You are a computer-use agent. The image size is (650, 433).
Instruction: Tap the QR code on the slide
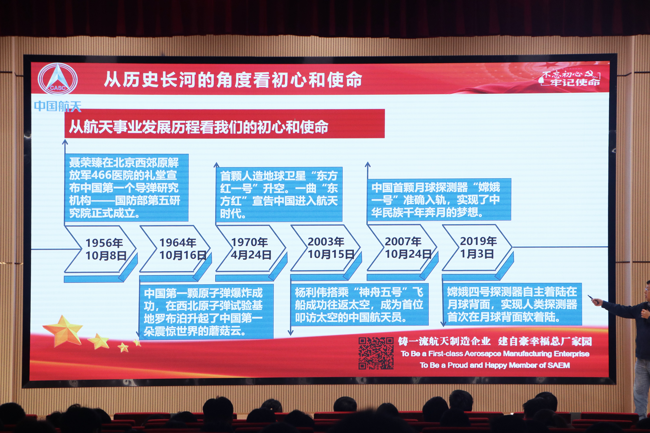[376, 353]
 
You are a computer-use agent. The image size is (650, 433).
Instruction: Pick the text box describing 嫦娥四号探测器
[512, 304]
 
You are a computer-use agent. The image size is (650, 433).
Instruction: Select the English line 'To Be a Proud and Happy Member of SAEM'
[495, 365]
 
